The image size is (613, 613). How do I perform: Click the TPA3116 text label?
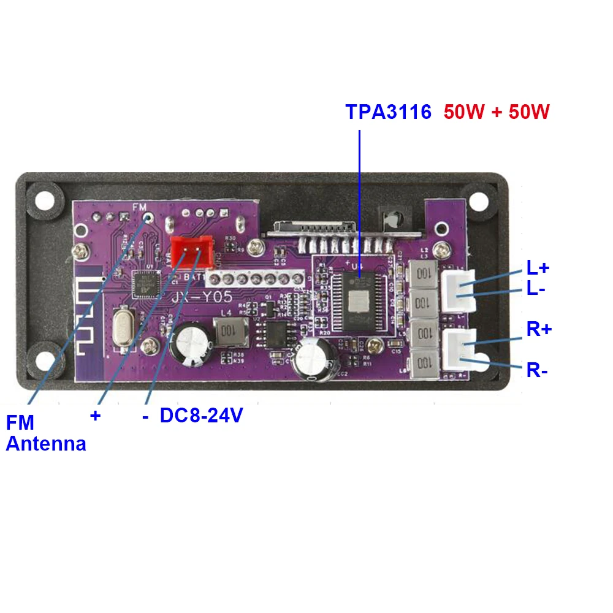[x=388, y=112]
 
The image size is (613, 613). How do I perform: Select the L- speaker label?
[x=536, y=289]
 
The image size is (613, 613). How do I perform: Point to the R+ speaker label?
[x=539, y=329]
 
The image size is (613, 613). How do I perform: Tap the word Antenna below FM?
[x=46, y=444]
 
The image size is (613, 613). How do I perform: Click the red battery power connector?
[x=191, y=251]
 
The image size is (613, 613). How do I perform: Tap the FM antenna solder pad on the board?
[x=147, y=217]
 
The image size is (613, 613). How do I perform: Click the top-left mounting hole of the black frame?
[x=44, y=199]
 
